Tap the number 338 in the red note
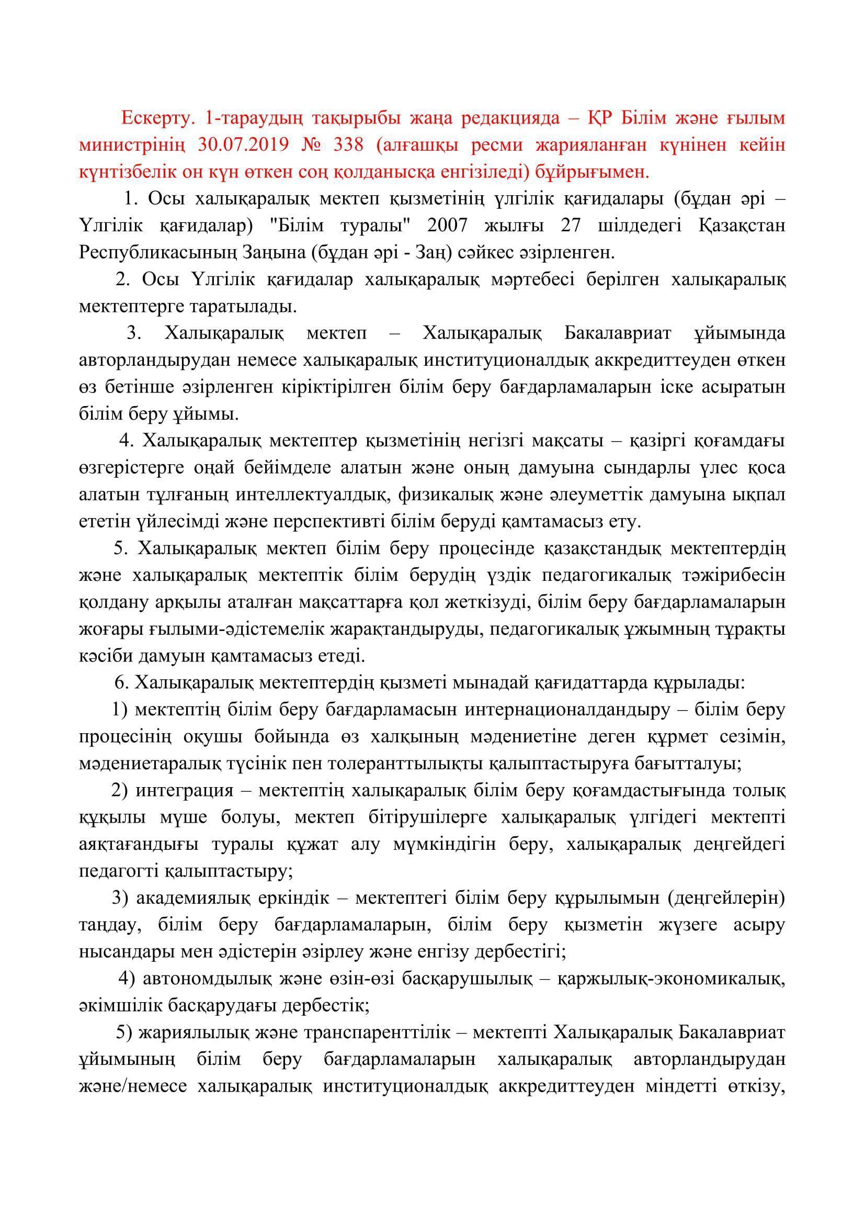coord(348,145)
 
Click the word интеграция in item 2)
coord(184,792)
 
